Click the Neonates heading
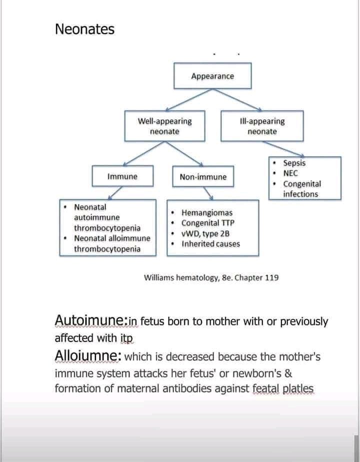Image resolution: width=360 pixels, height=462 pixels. point(84,30)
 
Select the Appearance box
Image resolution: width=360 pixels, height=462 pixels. point(212,76)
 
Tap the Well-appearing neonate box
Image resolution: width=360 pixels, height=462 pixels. point(164,126)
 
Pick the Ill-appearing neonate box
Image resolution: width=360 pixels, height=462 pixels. point(262,126)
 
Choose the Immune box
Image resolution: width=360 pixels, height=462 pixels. point(122,176)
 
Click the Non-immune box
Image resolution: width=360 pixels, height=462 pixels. point(203,177)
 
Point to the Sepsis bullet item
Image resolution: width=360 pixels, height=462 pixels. point(294,163)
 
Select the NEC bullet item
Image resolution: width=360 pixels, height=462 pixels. point(290,173)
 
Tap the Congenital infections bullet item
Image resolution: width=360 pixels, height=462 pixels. point(301,189)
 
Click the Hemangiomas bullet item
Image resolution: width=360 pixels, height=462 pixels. point(206,213)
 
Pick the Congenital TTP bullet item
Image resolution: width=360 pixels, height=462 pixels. point(207,223)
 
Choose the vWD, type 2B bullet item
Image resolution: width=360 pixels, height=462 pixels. point(205,234)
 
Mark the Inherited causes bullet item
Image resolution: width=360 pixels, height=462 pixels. point(210,244)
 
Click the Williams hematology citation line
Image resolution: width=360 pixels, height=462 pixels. point(211,277)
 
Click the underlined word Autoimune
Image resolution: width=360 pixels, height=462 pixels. point(90,320)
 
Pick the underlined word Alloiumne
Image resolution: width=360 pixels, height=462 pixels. point(87,356)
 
